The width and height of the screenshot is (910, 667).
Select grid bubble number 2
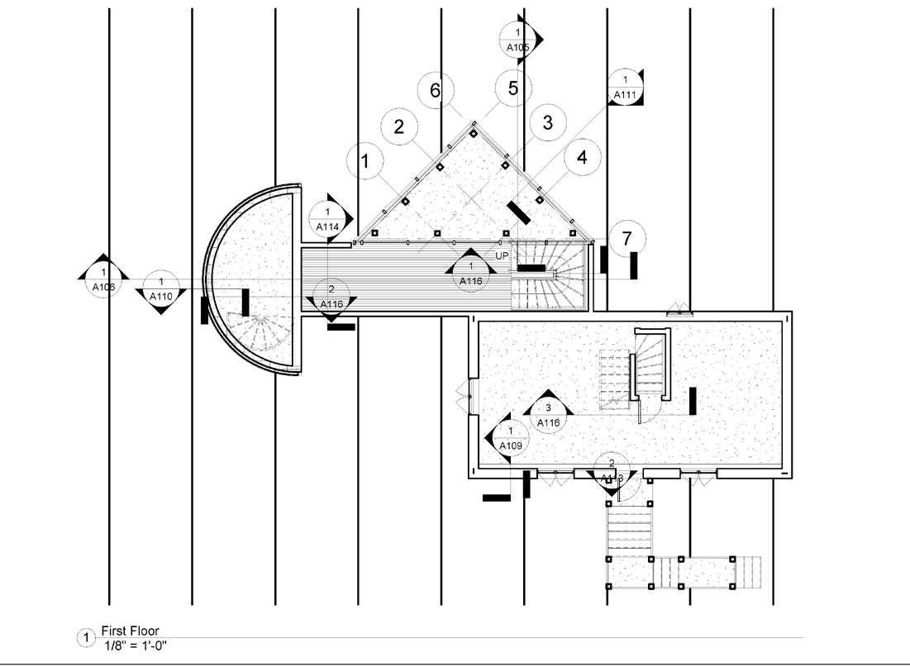(x=399, y=126)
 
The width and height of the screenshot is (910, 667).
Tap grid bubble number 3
(x=546, y=123)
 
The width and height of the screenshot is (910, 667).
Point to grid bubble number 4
(x=582, y=157)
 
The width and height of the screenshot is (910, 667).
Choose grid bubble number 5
(x=513, y=88)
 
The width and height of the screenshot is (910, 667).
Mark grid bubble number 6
(x=436, y=90)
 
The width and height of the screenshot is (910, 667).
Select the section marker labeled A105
(x=518, y=39)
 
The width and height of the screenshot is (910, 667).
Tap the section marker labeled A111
(x=625, y=88)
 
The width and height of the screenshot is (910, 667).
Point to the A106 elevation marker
(x=103, y=279)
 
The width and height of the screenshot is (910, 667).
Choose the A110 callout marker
(x=161, y=288)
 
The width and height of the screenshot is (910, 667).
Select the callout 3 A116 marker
(x=549, y=415)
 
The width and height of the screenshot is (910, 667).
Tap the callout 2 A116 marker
(x=331, y=296)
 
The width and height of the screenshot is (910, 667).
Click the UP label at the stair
(x=503, y=256)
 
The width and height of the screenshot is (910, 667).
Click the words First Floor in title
(x=130, y=631)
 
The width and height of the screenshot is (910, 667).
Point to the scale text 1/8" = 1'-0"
(x=134, y=645)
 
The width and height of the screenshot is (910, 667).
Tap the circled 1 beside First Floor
(x=85, y=637)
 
